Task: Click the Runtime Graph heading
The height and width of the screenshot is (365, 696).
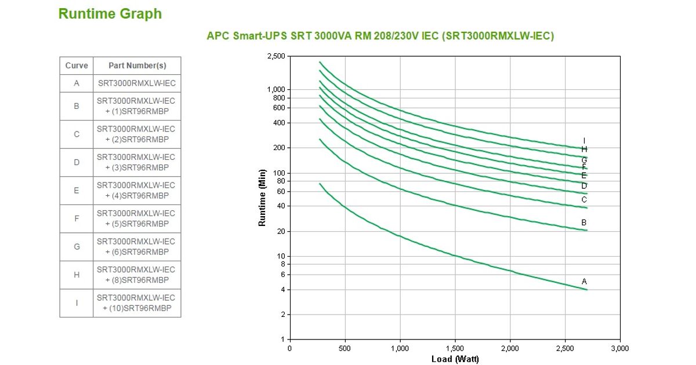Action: pos(110,14)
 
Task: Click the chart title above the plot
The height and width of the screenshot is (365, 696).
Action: pos(380,36)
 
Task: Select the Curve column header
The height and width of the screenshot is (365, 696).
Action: pos(77,65)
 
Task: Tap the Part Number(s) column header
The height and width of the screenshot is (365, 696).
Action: pos(137,65)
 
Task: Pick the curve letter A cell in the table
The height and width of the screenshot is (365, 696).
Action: pos(77,83)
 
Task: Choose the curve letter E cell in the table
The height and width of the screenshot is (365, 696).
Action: pos(77,191)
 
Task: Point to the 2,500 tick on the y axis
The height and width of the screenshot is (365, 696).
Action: pos(276,56)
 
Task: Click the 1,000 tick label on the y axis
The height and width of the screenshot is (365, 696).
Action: pos(277,89)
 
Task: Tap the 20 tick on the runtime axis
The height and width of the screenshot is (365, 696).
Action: pos(281,231)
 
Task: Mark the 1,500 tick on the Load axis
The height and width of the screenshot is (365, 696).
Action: pos(455,348)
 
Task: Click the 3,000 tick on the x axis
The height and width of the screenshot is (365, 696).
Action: pos(619,348)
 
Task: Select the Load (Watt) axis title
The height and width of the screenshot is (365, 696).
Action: pos(455,359)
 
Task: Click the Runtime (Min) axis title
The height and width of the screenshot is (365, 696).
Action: pos(262,198)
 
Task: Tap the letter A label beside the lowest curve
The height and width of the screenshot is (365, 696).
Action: pos(584,282)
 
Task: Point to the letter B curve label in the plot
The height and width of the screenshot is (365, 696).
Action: pos(584,222)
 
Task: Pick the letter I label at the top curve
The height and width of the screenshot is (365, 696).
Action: pos(584,140)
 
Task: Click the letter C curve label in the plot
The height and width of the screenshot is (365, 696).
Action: pos(584,200)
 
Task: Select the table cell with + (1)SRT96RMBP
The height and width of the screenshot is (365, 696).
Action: pos(137,106)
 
